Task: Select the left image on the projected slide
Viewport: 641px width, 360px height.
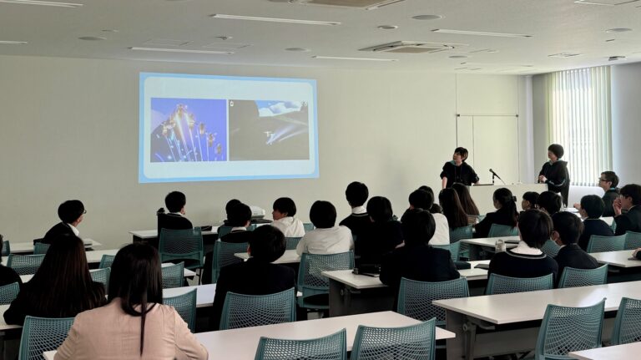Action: click(188, 129)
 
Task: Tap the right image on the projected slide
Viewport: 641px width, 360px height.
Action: click(269, 129)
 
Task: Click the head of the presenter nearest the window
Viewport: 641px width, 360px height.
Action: click(555, 151)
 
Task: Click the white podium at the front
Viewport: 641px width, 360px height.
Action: click(505, 195)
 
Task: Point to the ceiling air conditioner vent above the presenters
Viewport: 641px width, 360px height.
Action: click(412, 47)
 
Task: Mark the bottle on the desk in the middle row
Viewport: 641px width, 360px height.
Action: click(500, 246)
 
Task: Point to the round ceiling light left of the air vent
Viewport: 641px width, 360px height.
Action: click(386, 27)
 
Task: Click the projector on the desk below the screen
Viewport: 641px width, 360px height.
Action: click(256, 212)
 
